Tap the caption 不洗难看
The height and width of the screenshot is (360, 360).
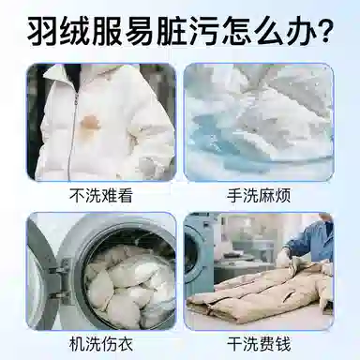100,196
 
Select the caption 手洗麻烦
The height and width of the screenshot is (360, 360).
259,196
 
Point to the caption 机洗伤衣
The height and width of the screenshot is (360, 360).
100,344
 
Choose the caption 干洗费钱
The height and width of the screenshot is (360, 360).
259,344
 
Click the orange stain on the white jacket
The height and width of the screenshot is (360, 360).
90,121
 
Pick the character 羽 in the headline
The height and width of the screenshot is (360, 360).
44,31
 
